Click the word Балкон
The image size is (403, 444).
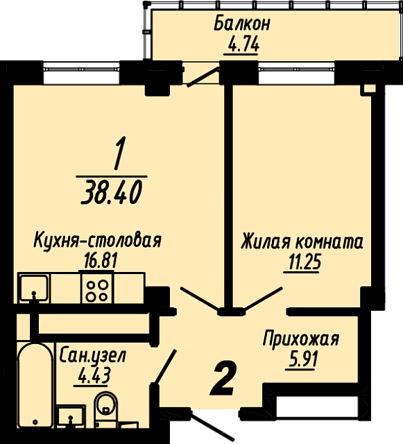click(242, 24)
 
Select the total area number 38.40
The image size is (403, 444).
click(111, 193)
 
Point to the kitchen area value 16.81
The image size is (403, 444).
click(101, 261)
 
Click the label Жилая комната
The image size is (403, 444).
click(302, 242)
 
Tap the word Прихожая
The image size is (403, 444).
click(301, 339)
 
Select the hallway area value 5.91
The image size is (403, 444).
click(302, 359)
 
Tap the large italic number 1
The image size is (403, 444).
click(119, 153)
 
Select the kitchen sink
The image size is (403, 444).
click(34, 287)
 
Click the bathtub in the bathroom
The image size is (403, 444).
click(35, 385)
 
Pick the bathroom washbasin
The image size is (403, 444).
click(71, 416)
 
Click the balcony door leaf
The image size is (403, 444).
click(203, 77)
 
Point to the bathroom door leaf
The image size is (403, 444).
click(165, 368)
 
